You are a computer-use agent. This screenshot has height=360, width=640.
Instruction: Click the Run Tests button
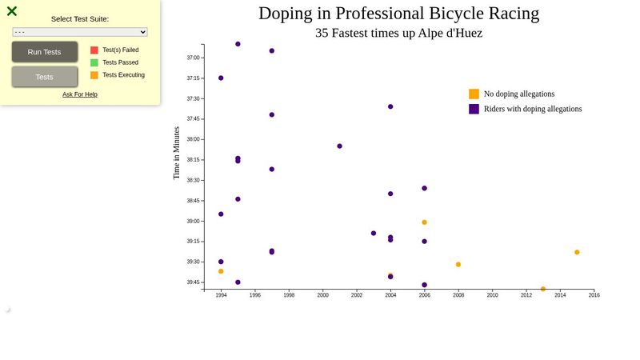pyautogui.click(x=45, y=52)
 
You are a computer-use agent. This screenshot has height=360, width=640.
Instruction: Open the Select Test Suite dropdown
pyautogui.click(x=80, y=32)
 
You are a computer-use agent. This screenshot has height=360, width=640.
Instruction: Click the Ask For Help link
pyautogui.click(x=80, y=94)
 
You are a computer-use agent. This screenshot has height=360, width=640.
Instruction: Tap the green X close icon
pyautogui.click(x=12, y=11)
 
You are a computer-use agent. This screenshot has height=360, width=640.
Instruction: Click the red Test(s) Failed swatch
pyautogui.click(x=94, y=50)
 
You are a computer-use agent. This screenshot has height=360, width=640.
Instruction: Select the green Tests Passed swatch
pyautogui.click(x=94, y=62)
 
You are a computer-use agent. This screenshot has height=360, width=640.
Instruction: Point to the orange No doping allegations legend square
pyautogui.click(x=474, y=94)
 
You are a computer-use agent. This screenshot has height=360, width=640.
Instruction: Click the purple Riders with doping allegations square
pyautogui.click(x=474, y=109)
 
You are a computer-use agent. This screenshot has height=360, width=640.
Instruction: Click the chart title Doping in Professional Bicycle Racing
pyautogui.click(x=398, y=14)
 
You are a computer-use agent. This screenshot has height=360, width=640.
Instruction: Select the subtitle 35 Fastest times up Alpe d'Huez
pyautogui.click(x=398, y=33)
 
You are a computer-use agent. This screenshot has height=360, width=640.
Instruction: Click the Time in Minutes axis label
pyautogui.click(x=177, y=152)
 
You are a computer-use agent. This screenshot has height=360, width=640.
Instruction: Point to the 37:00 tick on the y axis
pyautogui.click(x=194, y=58)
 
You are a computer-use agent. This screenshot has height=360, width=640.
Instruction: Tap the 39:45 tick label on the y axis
pyautogui.click(x=194, y=282)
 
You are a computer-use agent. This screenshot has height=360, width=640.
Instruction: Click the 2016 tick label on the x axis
pyautogui.click(x=594, y=295)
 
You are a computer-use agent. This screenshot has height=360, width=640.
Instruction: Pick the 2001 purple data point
pyautogui.click(x=340, y=146)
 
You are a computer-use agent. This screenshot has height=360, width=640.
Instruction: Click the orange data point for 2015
pyautogui.click(x=577, y=252)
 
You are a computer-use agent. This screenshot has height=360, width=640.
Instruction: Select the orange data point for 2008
pyautogui.click(x=458, y=264)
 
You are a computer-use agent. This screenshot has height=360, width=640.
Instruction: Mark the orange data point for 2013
pyautogui.click(x=543, y=289)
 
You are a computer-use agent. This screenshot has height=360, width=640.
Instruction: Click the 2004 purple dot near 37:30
pyautogui.click(x=390, y=106)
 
